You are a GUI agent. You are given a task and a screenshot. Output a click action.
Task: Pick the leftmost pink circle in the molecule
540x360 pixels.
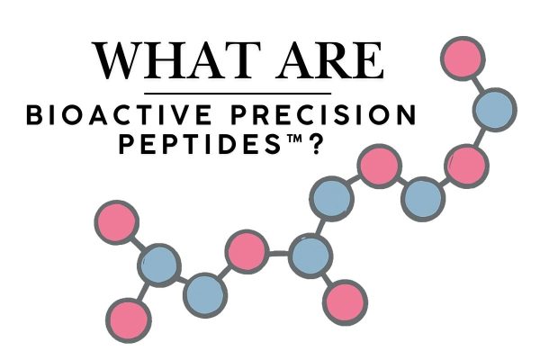pos(116,221)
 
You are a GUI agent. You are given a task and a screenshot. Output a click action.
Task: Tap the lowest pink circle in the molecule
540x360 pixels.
pos(127,316)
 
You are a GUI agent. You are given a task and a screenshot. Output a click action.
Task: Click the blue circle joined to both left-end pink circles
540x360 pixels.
pos(159,266)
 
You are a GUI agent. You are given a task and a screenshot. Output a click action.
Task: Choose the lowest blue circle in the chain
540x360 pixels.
pos(206,292)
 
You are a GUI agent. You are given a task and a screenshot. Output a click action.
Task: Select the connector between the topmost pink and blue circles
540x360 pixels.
pos(478,84)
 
